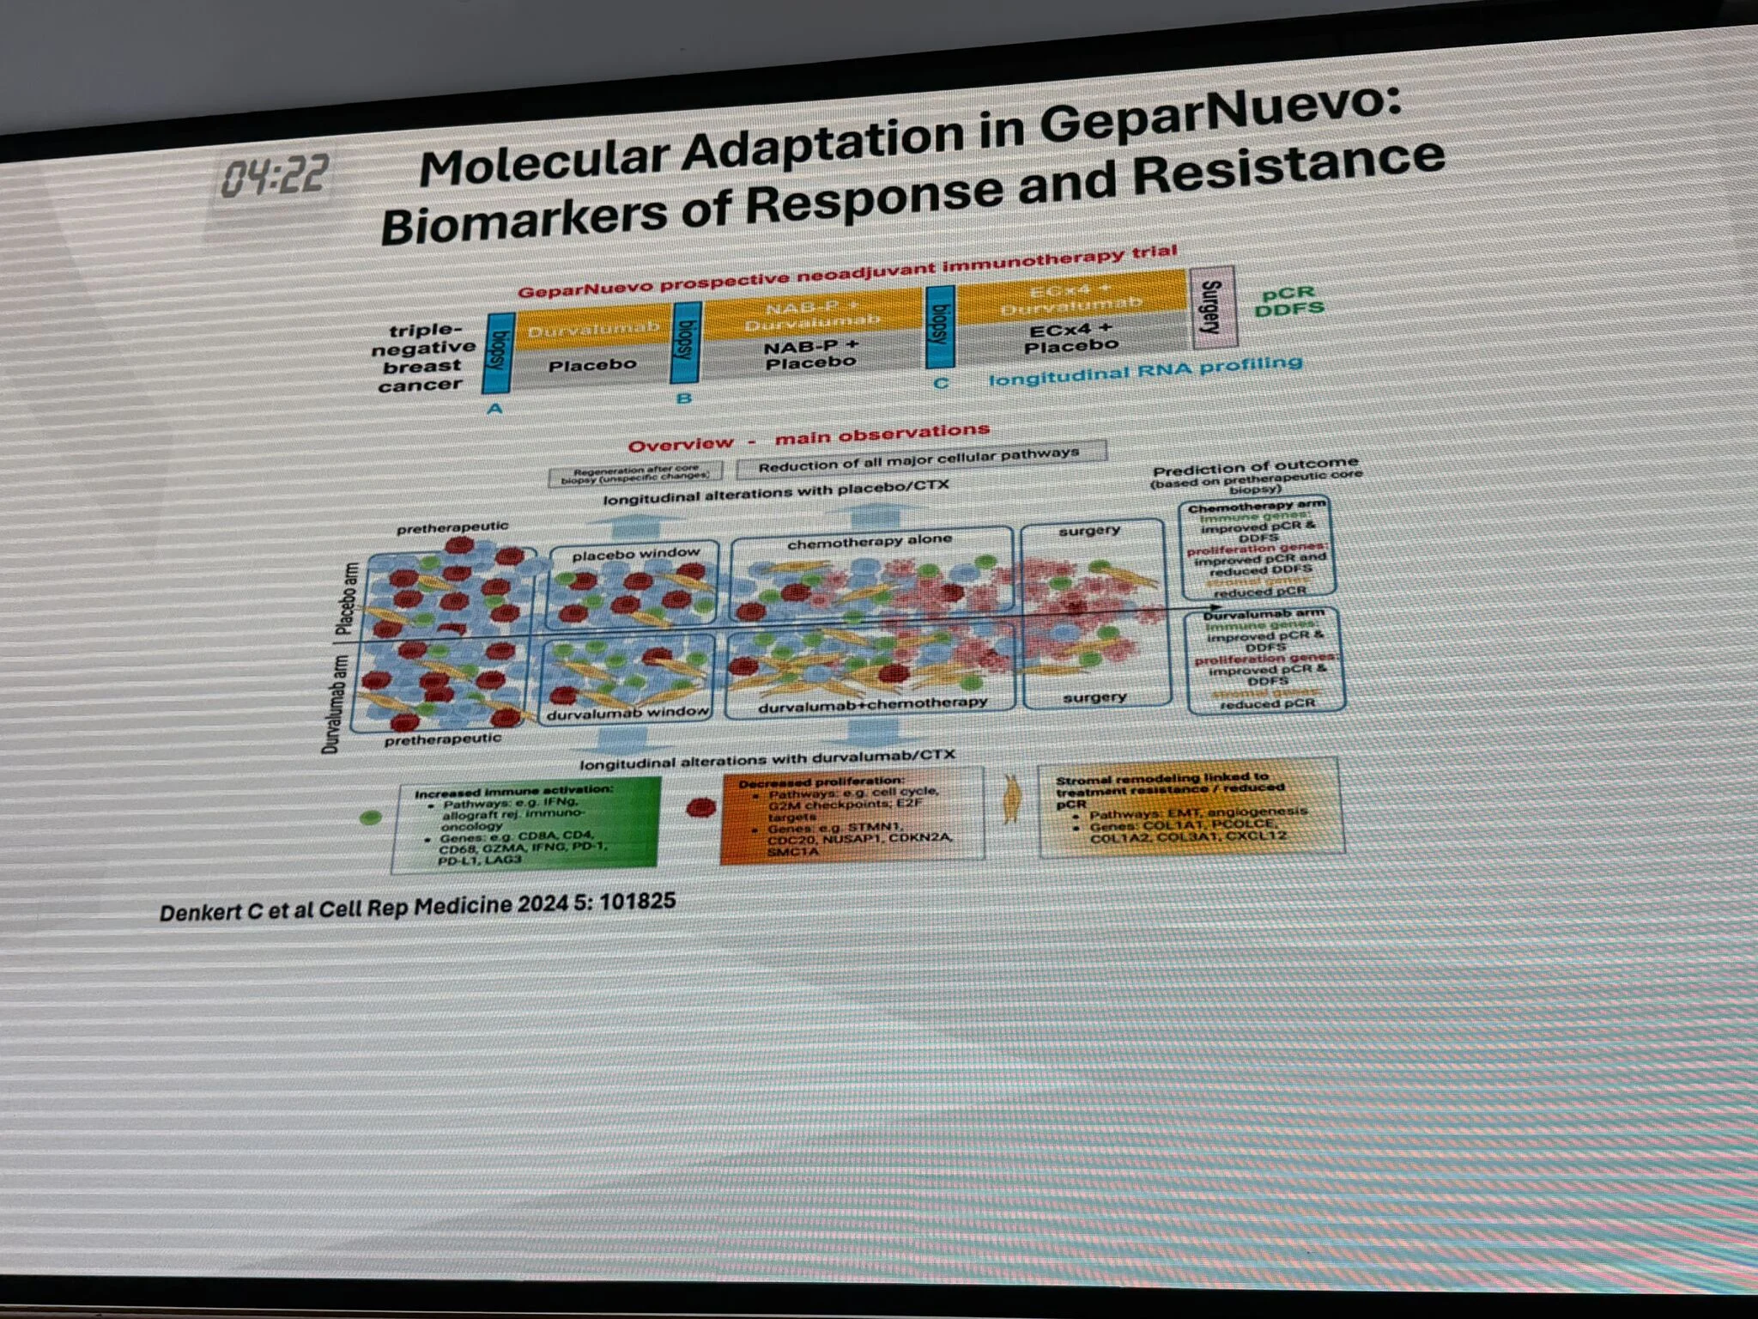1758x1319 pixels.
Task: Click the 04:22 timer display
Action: (274, 177)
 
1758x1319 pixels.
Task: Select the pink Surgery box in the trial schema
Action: (1211, 307)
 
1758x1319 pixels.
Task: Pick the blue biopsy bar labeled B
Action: (687, 343)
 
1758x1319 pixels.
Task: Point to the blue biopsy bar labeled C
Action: (941, 325)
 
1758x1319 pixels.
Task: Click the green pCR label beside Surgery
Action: (1288, 294)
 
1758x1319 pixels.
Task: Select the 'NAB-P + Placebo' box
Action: (811, 355)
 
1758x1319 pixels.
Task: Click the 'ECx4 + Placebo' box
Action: (1070, 338)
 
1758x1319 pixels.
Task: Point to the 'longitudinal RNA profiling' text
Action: (1145, 371)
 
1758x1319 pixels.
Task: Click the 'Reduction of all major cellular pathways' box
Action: (918, 459)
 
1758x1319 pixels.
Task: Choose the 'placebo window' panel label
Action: (635, 555)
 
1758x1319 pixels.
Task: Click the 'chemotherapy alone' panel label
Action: (870, 542)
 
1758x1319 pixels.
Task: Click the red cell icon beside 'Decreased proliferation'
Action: (701, 808)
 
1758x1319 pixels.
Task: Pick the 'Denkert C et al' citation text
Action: (417, 907)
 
